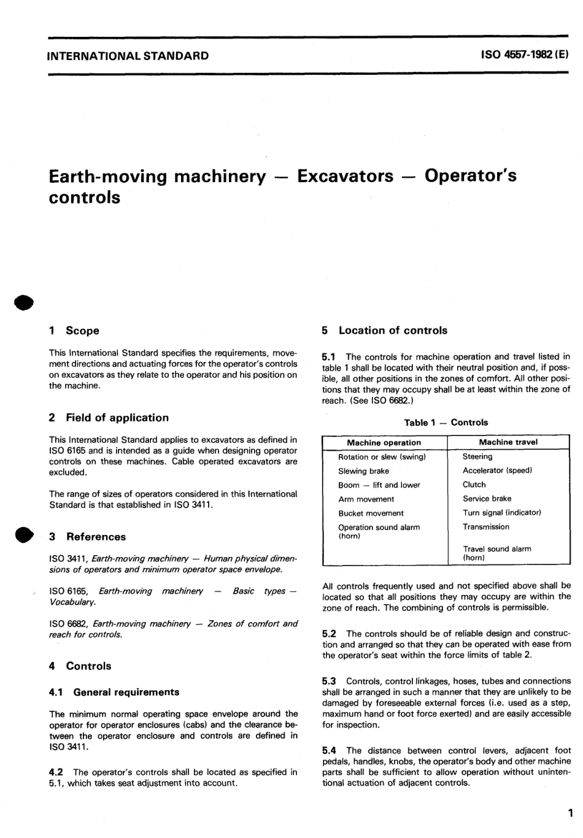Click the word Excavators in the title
coord(345,176)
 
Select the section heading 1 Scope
coord(74,331)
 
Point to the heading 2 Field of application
coord(109,418)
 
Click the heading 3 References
coord(87,537)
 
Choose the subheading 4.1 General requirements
coord(114,692)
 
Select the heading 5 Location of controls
coord(384,331)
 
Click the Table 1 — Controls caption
coord(446,423)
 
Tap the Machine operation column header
coord(384,442)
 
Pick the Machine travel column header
coord(508,442)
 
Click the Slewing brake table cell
coord(363,471)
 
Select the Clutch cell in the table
coord(474,485)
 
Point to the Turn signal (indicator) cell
coord(502,513)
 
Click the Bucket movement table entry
coord(371,513)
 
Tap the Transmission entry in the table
coord(486,527)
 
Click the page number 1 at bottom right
coord(569,815)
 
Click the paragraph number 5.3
coord(329,681)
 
